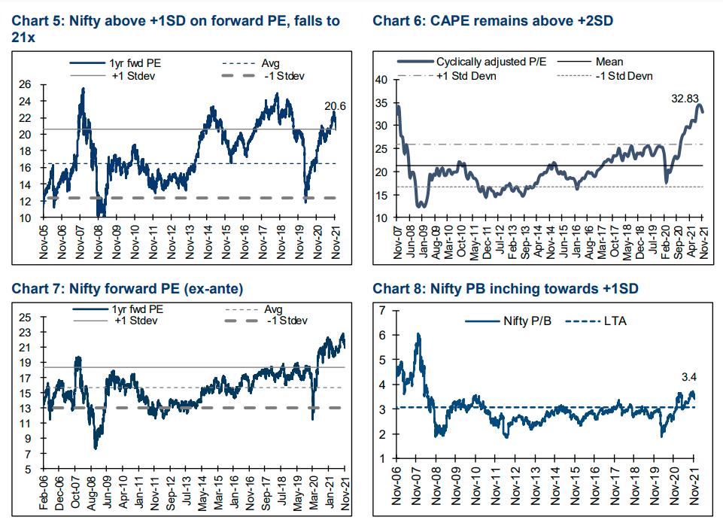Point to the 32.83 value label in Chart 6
click(x=686, y=98)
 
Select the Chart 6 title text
click(x=493, y=20)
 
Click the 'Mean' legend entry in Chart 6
click(x=608, y=62)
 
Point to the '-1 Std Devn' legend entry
click(x=623, y=75)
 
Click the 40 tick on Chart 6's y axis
click(x=381, y=79)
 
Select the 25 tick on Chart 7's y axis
click(x=25, y=317)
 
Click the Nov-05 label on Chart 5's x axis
click(x=44, y=240)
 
